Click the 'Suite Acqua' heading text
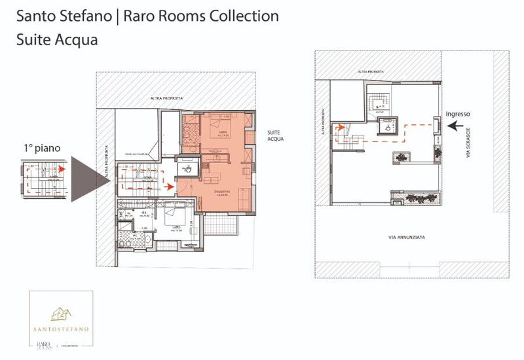point(57,39)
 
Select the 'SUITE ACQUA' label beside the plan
point(274,135)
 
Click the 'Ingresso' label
point(458,114)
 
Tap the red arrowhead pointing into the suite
point(171,187)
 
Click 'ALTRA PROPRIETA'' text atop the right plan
point(371,71)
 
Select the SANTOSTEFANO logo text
point(64,328)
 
